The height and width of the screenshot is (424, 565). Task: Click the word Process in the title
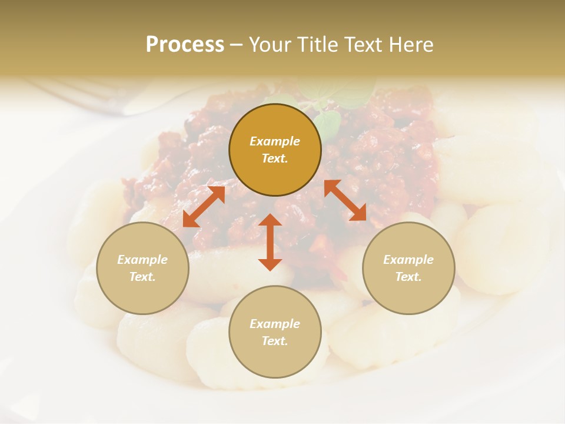(185, 45)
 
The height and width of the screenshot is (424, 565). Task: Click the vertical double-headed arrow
(270, 242)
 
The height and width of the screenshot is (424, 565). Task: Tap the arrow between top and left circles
(204, 207)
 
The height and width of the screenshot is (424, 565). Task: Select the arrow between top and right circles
(345, 200)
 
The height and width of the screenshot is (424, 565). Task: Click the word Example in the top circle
(275, 141)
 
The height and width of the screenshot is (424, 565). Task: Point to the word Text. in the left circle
(142, 277)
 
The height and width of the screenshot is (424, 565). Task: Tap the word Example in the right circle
(408, 260)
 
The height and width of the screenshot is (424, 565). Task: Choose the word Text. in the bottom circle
(275, 341)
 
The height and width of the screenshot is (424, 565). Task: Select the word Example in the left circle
(142, 260)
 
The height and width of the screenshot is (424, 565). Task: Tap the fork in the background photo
(88, 94)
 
